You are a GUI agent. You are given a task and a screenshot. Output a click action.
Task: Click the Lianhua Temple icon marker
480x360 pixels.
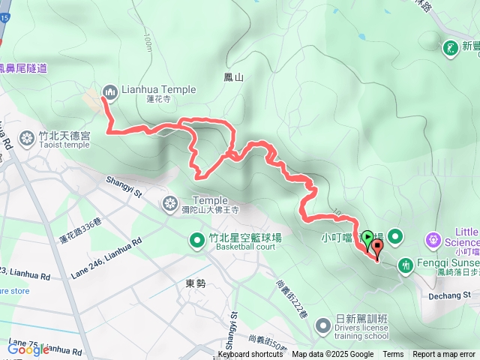[x=110, y=91]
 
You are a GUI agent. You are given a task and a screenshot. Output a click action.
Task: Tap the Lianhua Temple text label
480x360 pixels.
[x=158, y=90]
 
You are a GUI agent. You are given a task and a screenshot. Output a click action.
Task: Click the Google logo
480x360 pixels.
[x=28, y=349]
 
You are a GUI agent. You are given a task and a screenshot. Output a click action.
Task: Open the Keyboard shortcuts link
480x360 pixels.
[x=250, y=355]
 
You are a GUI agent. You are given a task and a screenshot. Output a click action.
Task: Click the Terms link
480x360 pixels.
[x=393, y=355]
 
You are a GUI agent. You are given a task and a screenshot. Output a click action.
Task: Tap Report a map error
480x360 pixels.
[x=444, y=355]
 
